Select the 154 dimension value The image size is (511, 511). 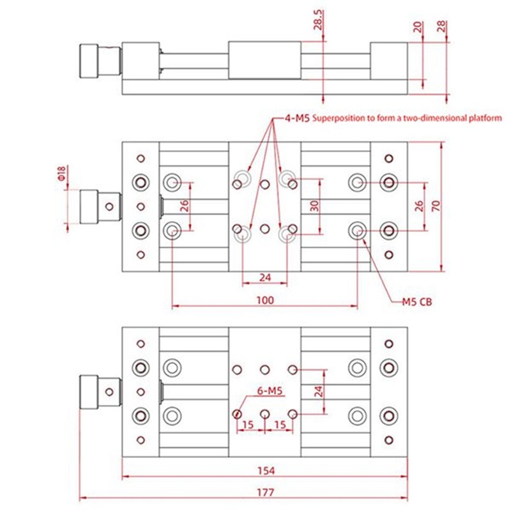click(x=266, y=471)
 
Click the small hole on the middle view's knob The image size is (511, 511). click(x=111, y=206)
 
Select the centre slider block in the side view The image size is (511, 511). click(x=264, y=61)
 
